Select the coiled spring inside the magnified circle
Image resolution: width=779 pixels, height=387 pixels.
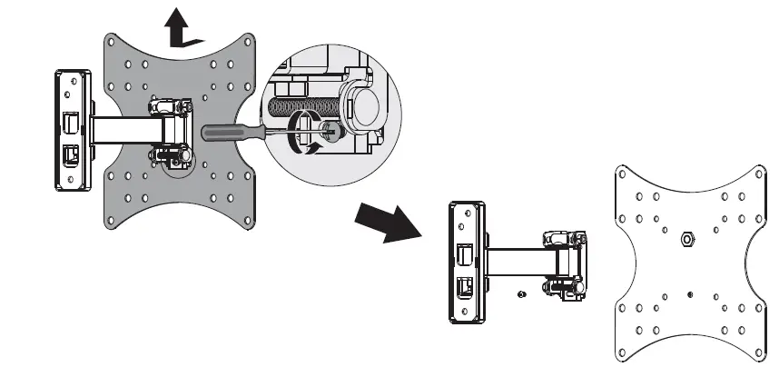(x=299, y=104)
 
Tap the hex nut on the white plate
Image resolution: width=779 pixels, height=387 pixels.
(x=686, y=238)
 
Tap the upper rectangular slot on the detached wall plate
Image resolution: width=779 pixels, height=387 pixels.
(x=464, y=250)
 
